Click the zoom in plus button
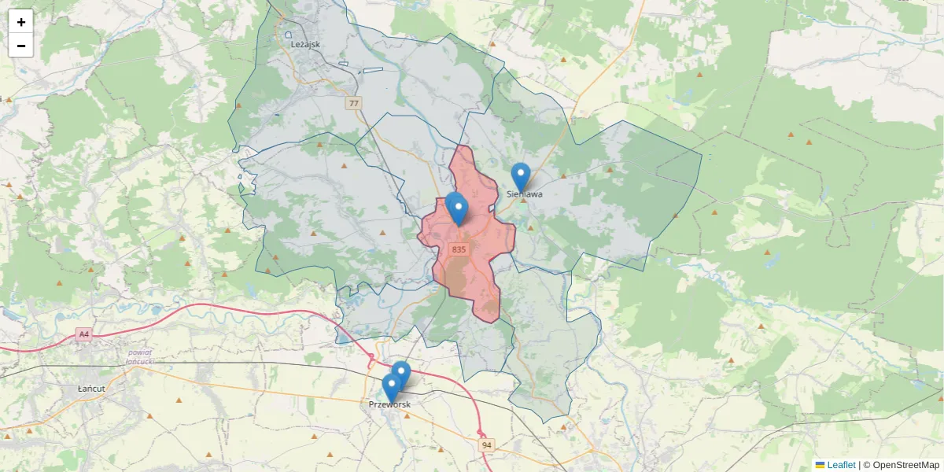(21, 22)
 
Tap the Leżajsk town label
(305, 44)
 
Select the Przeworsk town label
(389, 404)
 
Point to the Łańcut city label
(92, 389)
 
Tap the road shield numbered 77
(354, 103)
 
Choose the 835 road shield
(459, 249)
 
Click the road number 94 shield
(486, 445)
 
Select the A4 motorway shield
(84, 334)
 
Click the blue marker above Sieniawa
(520, 175)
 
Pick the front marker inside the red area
(459, 210)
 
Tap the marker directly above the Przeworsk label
(391, 387)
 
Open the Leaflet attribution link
(841, 465)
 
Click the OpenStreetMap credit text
(906, 465)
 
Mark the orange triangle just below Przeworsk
(407, 415)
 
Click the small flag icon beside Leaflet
(820, 465)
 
